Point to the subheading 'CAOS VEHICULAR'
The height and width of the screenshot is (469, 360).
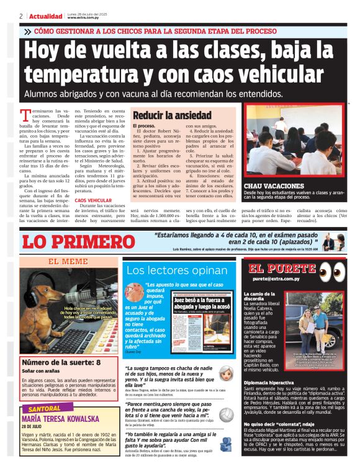point(89,200)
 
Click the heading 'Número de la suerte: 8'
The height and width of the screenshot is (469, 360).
point(61,362)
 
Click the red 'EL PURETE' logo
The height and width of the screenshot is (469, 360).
point(279,269)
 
